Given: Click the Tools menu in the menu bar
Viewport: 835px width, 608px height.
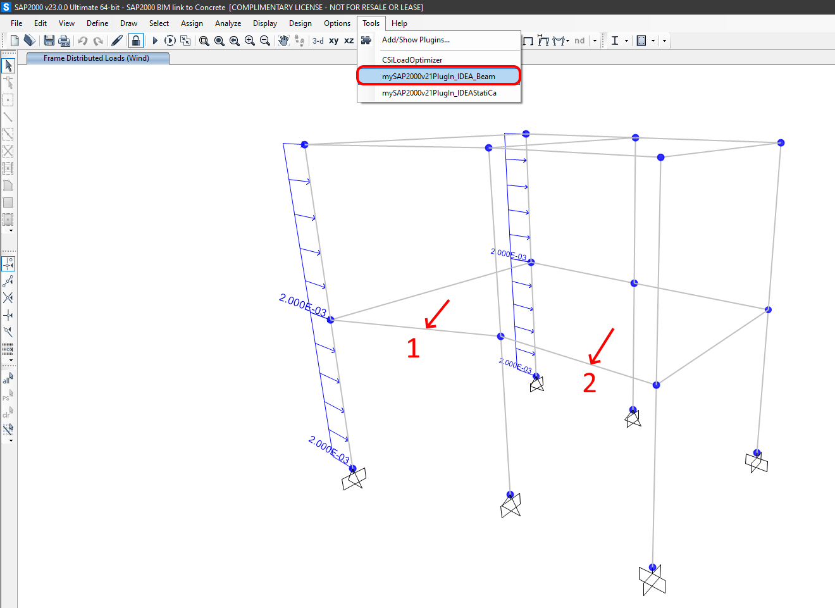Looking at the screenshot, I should pyautogui.click(x=371, y=23).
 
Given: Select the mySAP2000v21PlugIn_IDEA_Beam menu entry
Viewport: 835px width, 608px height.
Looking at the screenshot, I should pyautogui.click(x=438, y=77).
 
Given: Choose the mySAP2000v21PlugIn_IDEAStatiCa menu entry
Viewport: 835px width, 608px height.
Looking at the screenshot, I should pyautogui.click(x=439, y=93).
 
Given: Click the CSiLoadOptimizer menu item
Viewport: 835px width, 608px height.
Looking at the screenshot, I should pyautogui.click(x=412, y=60).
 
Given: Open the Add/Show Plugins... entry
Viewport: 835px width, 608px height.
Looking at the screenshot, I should pyautogui.click(x=416, y=40).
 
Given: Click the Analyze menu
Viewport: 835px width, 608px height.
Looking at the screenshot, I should pyautogui.click(x=228, y=23).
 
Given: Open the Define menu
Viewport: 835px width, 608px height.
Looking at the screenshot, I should pyautogui.click(x=97, y=23).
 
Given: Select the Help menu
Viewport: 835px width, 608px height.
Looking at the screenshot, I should pyautogui.click(x=399, y=23).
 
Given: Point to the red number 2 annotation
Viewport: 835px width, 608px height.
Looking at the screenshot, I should pyautogui.click(x=589, y=383).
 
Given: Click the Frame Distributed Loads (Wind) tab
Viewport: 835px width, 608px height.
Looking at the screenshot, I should pyautogui.click(x=97, y=58).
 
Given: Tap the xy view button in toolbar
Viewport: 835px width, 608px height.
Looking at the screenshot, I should pyautogui.click(x=333, y=40).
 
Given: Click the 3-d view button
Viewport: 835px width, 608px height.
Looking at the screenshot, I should pyautogui.click(x=318, y=40).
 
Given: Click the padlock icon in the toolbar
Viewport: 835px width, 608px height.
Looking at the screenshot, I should pyautogui.click(x=135, y=40).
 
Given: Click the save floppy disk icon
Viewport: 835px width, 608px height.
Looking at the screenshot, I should pyautogui.click(x=49, y=40).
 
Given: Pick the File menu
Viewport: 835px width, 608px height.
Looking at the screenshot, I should pyautogui.click(x=16, y=23).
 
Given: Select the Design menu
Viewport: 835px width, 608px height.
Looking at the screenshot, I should pyautogui.click(x=300, y=23).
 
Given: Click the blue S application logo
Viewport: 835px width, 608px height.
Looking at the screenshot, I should pyautogui.click(x=6, y=7).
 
